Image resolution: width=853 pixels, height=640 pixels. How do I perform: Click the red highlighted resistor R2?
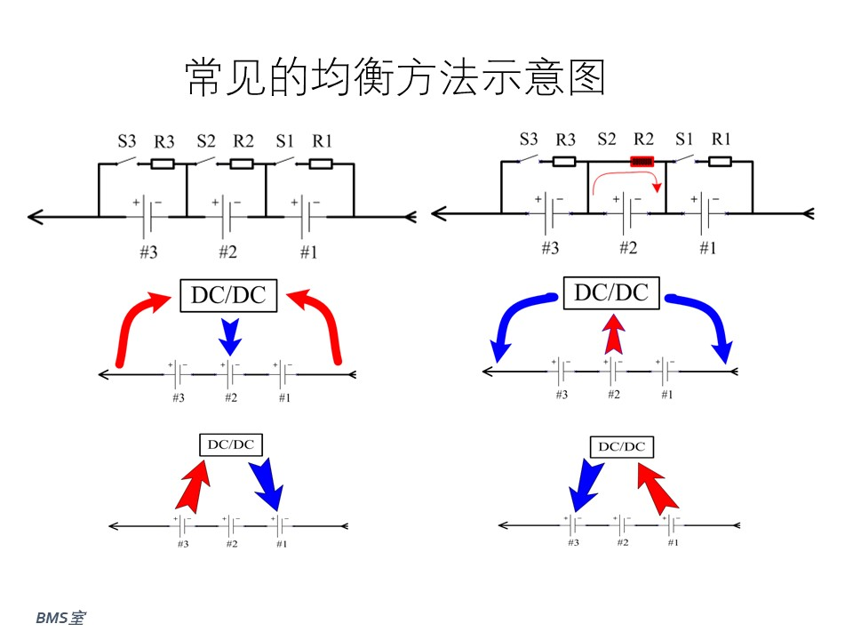(x=642, y=161)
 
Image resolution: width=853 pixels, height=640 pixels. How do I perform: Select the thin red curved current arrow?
(x=626, y=173)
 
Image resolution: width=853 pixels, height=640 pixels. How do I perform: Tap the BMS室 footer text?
(x=60, y=618)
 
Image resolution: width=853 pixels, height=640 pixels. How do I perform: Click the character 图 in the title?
(x=587, y=78)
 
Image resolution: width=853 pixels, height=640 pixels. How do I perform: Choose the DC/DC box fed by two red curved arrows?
(x=228, y=295)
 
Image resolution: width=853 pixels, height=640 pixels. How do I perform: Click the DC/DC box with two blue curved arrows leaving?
(x=611, y=292)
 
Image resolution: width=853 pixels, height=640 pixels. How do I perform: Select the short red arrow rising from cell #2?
(x=614, y=334)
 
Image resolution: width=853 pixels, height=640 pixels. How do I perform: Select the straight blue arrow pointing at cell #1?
(x=267, y=484)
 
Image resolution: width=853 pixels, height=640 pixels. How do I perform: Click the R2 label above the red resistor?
(x=643, y=140)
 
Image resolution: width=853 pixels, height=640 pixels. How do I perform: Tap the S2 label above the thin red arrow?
(x=607, y=140)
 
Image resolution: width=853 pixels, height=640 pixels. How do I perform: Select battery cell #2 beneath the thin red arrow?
(x=626, y=212)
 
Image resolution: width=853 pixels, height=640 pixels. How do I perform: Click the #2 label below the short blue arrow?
(x=231, y=398)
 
